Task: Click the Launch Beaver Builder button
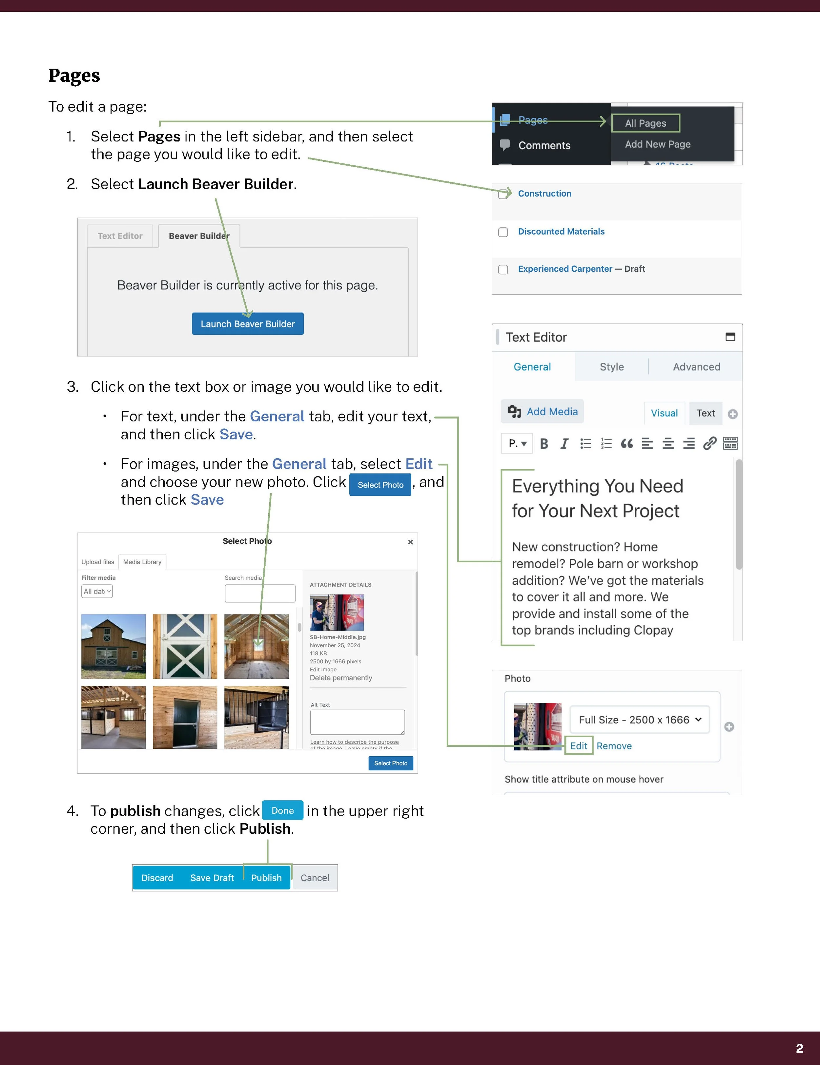(248, 324)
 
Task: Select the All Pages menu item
(646, 123)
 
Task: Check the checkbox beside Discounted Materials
(503, 232)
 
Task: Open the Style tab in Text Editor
(611, 367)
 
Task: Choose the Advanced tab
(696, 367)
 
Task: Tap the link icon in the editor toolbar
(709, 443)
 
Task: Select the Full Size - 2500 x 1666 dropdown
(640, 720)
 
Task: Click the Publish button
(266, 878)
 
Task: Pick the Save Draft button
(212, 878)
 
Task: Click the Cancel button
(315, 878)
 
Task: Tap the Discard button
(157, 878)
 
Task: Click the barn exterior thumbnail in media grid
(113, 647)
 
